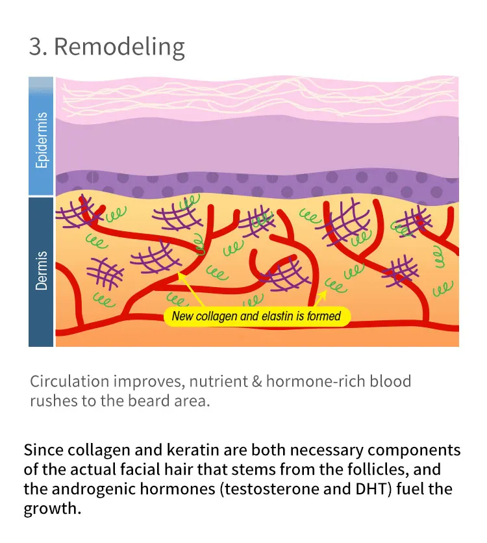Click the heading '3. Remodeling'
tap(107, 47)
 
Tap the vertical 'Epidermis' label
tap(42, 140)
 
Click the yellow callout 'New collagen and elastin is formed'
tap(256, 317)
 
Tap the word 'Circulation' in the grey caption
tap(70, 381)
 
